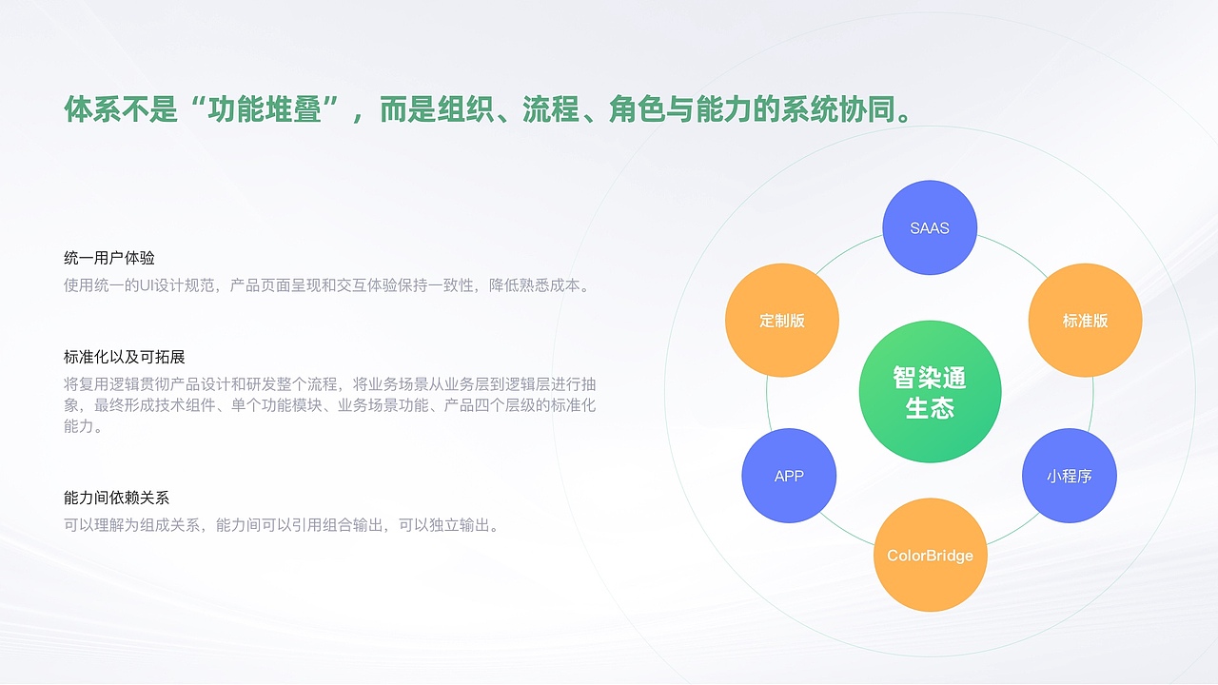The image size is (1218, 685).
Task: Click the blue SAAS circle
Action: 930,227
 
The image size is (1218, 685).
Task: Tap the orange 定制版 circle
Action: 782,321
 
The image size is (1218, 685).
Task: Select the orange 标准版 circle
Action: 1085,321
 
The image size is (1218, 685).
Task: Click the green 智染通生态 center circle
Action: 930,391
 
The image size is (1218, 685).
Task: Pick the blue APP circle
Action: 789,476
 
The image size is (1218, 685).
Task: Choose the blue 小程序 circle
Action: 1069,476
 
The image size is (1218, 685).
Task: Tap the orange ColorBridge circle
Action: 930,555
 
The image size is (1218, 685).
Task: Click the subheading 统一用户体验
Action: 108,258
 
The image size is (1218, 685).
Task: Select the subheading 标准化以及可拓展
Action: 124,357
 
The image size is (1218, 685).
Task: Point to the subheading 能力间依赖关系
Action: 116,498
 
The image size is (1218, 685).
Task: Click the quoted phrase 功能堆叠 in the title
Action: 265,108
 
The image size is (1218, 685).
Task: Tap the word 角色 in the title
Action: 638,108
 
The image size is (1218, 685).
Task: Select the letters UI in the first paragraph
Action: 147,285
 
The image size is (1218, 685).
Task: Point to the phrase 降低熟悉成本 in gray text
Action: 534,285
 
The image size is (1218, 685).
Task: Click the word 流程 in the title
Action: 551,108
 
